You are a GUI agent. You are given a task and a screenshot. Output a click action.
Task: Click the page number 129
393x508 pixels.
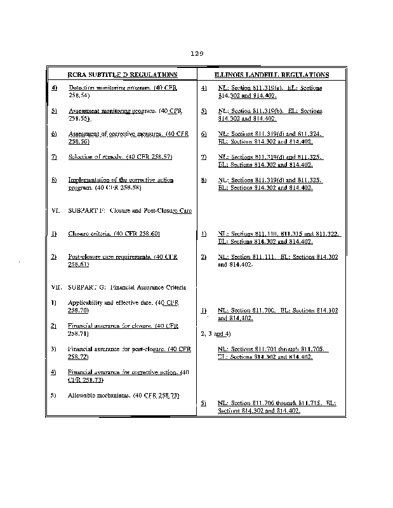[196, 53]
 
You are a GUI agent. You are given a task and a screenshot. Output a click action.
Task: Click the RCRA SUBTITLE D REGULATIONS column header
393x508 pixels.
[123, 74]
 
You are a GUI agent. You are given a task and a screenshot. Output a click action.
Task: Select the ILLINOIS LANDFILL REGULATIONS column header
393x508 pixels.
[271, 74]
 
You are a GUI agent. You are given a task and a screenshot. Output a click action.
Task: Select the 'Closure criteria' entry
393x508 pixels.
[90, 234]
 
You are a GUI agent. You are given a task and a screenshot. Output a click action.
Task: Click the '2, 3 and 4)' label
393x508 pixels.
[215, 333]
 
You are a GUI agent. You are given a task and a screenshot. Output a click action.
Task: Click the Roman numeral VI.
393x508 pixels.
[55, 210]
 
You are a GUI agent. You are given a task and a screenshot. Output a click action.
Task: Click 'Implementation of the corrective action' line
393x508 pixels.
[121, 180]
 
